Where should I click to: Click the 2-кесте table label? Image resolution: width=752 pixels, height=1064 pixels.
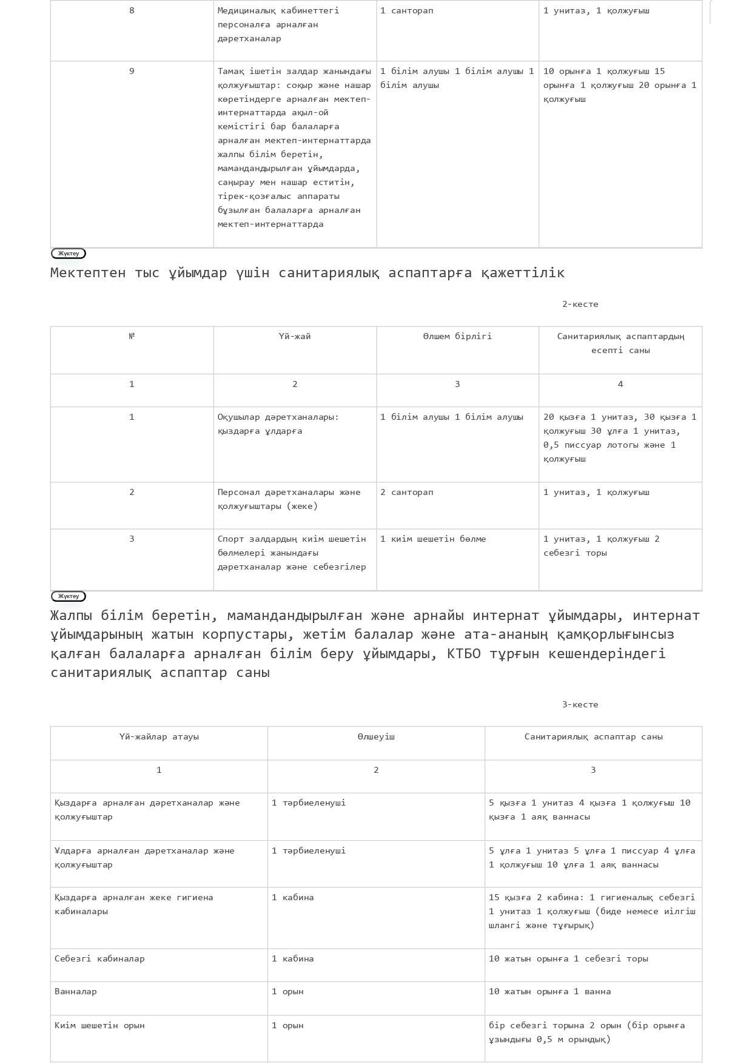point(580,305)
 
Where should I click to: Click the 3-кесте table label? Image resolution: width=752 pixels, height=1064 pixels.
point(580,705)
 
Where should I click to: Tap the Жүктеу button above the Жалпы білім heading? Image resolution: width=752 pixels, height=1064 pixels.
point(69,596)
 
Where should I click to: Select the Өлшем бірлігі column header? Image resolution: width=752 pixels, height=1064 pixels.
point(457,337)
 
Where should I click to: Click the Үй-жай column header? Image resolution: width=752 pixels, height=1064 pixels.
point(295,337)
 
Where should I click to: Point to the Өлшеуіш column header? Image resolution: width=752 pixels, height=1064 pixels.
point(376,737)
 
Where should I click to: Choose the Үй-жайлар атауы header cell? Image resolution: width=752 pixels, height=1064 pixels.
point(159,737)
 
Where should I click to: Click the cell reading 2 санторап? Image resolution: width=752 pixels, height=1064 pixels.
point(407,493)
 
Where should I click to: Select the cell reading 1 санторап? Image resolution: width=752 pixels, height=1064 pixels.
point(407,11)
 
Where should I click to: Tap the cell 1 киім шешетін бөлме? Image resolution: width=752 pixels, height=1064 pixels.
point(433,539)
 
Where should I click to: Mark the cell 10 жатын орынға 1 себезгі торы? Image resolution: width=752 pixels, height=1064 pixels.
point(568,959)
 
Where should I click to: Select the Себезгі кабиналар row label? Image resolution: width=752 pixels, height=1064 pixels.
point(99,959)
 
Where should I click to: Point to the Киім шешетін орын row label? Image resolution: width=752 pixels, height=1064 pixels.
point(99,1026)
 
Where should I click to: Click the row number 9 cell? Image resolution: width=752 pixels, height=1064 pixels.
point(132,72)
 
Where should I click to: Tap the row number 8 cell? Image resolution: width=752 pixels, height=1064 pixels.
point(132,11)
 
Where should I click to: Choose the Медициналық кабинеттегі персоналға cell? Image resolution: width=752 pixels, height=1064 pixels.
point(278,25)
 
